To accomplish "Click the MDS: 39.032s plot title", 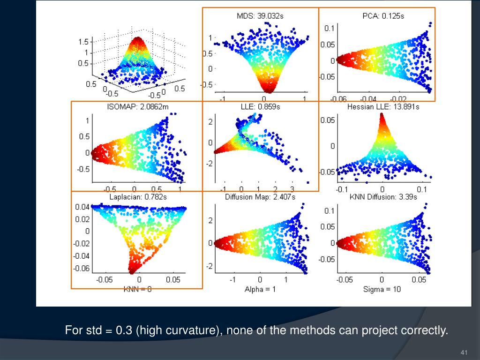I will click(x=260, y=16).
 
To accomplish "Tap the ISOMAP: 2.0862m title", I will click(x=137, y=107).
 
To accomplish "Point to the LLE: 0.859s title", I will click(x=260, y=107).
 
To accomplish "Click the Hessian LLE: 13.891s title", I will click(x=383, y=107).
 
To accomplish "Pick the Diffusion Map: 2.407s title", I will click(x=260, y=197).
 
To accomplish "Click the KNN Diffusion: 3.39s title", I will click(x=383, y=197).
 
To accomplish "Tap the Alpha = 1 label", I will click(x=260, y=289).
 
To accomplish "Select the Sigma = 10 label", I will click(x=382, y=289).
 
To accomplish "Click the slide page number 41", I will click(x=465, y=352).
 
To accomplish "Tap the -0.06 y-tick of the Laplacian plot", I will click(x=81, y=268).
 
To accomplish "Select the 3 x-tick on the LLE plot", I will click(x=292, y=188).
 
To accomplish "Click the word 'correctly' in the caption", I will click(x=425, y=330).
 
